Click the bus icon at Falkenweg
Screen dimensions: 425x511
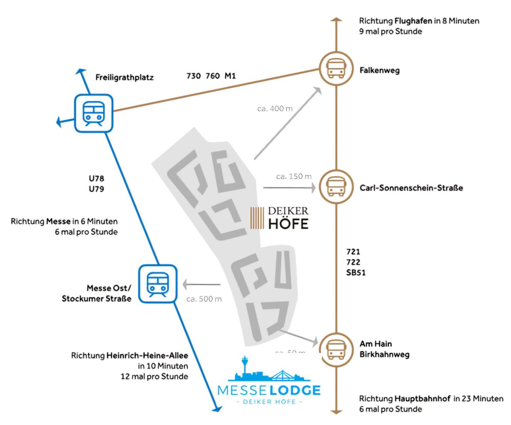(x=336, y=68)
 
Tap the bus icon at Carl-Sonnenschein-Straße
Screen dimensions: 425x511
(x=336, y=187)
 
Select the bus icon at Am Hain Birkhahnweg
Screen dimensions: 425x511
(x=336, y=350)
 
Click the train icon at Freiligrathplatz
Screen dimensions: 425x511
(x=94, y=113)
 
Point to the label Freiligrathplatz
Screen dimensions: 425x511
(x=124, y=77)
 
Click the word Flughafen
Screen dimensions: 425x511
(x=413, y=21)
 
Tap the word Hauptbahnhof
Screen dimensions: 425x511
(x=422, y=398)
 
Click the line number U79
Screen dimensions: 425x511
(x=96, y=189)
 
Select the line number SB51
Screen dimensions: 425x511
(x=356, y=273)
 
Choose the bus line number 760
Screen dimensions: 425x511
(x=213, y=76)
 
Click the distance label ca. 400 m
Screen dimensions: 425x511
(x=275, y=109)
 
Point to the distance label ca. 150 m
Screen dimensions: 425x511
(x=294, y=176)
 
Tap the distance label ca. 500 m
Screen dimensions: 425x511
(x=204, y=299)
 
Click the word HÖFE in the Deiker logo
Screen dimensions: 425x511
(x=288, y=224)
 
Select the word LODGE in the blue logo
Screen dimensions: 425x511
(x=295, y=390)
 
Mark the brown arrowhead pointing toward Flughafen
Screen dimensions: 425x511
(x=336, y=19)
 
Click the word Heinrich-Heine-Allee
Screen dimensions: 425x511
(x=147, y=356)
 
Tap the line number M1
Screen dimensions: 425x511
(x=230, y=76)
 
